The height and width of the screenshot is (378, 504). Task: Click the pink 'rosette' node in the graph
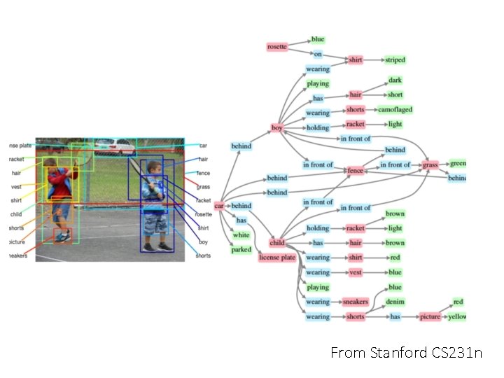point(277,47)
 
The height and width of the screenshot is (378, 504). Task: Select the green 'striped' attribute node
point(395,60)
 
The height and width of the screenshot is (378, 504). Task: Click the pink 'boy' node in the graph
point(277,128)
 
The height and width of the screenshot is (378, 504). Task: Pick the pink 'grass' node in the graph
point(430,165)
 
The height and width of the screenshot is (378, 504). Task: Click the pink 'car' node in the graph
point(219,206)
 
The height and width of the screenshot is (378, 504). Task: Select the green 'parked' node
point(241,250)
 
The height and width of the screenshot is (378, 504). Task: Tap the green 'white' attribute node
point(241,235)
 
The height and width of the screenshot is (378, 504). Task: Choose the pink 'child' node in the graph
point(277,243)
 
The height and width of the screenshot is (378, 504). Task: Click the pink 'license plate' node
point(277,258)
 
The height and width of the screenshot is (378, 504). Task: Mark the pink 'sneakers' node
point(355,302)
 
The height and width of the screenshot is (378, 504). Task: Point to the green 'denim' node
point(395,302)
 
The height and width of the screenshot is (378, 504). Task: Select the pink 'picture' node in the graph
point(430,316)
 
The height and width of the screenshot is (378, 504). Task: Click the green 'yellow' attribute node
point(457,316)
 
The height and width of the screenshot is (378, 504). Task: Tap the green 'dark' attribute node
point(395,80)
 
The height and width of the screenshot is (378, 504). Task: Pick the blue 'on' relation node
point(317,54)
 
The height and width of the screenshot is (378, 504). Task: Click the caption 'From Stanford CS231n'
point(406,353)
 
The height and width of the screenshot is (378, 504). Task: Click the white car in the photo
point(114,147)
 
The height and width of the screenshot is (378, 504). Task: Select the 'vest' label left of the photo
point(16,187)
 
